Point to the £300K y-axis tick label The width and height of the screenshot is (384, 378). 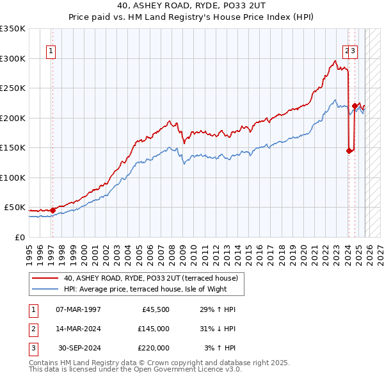[13, 58]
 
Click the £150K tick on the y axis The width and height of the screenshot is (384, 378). [13, 148]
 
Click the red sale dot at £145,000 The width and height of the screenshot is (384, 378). [349, 151]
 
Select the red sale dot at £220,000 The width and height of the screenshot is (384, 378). [355, 106]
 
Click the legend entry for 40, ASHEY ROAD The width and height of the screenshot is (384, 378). [151, 278]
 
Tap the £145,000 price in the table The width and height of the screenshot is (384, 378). [154, 329]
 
